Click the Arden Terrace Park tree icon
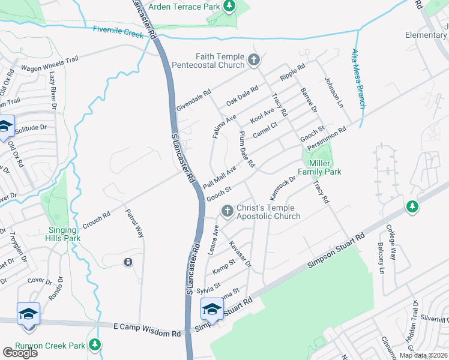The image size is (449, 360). click(229, 6)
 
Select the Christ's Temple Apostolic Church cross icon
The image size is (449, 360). click(227, 211)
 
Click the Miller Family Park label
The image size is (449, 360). click(325, 167)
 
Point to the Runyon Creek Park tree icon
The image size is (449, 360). click(95, 344)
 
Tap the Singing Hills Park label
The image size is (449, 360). click(62, 235)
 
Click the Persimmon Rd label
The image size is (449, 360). click(327, 139)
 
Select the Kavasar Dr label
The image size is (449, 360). click(241, 254)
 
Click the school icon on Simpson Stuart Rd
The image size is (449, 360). click(211, 310)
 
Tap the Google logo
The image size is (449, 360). click(20, 352)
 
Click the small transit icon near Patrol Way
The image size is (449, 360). click(127, 262)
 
